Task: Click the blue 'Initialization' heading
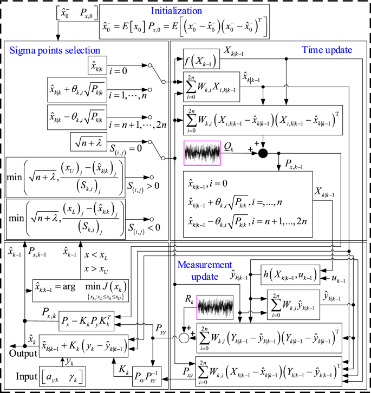tap(184, 10)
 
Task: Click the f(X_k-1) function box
tap(200, 62)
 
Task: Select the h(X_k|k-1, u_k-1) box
tap(290, 274)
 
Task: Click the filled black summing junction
tap(263, 153)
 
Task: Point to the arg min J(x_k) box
tap(81, 289)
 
